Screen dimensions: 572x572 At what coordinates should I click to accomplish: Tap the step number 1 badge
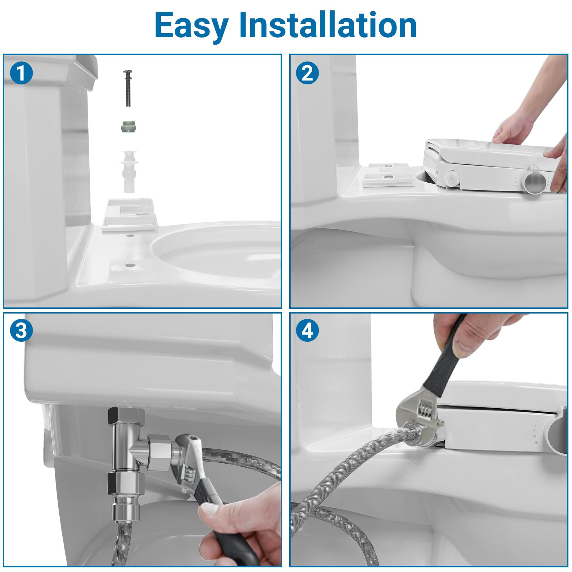point(21,74)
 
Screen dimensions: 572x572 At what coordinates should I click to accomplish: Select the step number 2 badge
point(307,74)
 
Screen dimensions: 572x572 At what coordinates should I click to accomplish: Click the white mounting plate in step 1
point(129,216)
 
